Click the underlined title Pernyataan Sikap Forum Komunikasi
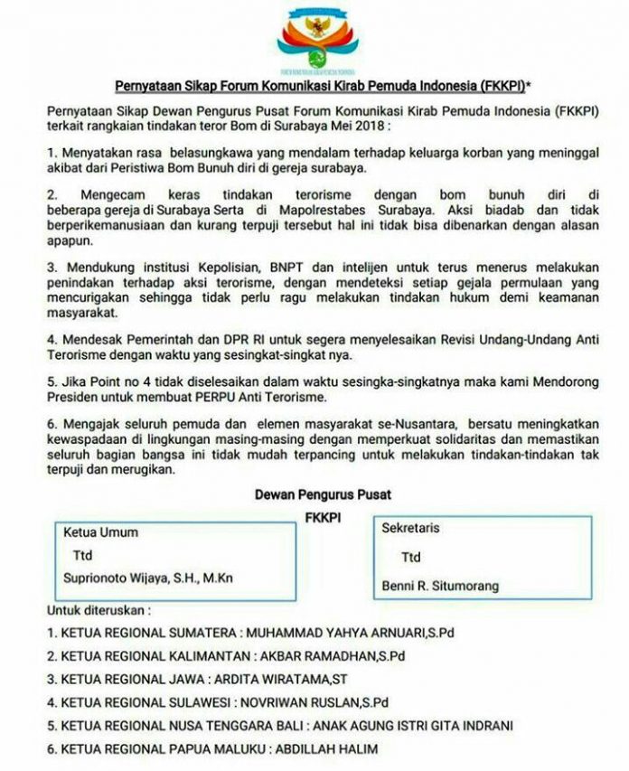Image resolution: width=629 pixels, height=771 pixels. [x=314, y=87]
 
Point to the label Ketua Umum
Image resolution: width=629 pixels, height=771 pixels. [x=100, y=532]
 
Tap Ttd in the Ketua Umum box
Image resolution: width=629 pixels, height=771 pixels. [x=83, y=555]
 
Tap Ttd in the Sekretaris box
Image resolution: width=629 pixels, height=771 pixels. [x=411, y=558]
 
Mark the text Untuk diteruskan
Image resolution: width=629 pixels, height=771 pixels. [x=99, y=610]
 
